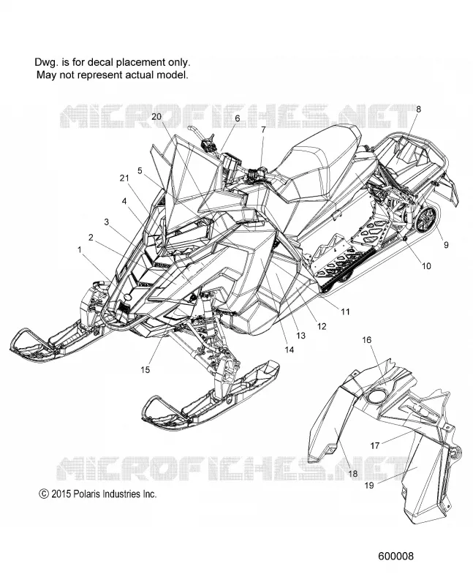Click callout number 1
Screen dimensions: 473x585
point(80,249)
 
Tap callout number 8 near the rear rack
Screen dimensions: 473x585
point(418,109)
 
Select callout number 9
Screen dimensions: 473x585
point(446,245)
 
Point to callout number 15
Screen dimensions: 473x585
point(145,369)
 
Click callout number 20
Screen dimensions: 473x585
point(156,116)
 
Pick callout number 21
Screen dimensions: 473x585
point(124,178)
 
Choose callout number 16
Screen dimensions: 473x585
point(367,339)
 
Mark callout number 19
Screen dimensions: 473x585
point(369,486)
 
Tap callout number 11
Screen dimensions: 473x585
point(345,311)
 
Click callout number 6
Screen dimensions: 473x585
point(238,118)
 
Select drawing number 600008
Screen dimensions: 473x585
point(396,556)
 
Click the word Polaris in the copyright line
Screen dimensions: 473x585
point(87,494)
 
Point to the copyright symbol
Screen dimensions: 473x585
point(44,494)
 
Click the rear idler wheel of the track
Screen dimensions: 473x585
point(428,219)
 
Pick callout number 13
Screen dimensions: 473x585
point(300,336)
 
